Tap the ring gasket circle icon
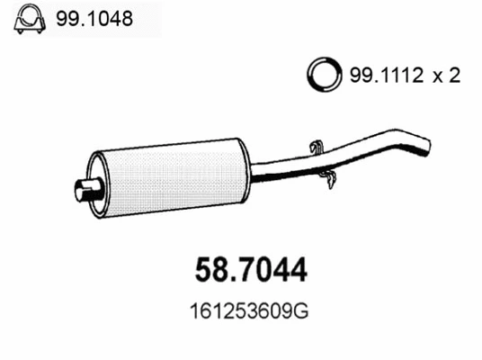[x=324, y=75]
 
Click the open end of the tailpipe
[x=426, y=142]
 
